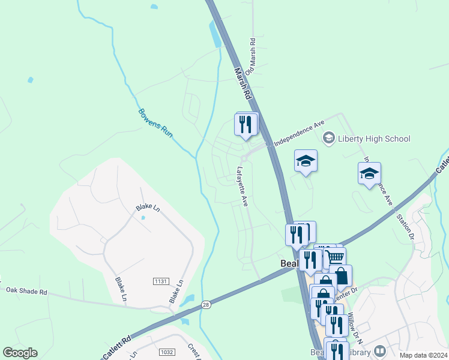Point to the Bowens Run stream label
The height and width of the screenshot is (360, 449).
(x=155, y=123)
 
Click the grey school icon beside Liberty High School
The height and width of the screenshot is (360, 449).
(x=328, y=139)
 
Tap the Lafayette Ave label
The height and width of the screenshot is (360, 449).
(x=243, y=187)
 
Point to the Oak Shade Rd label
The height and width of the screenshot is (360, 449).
(x=26, y=291)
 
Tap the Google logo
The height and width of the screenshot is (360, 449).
(x=20, y=353)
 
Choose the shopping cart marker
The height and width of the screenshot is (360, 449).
(x=336, y=257)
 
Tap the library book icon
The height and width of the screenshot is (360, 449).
(x=379, y=350)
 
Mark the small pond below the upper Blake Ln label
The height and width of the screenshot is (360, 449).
(x=142, y=218)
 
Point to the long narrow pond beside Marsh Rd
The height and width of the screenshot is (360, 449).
(x=215, y=34)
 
